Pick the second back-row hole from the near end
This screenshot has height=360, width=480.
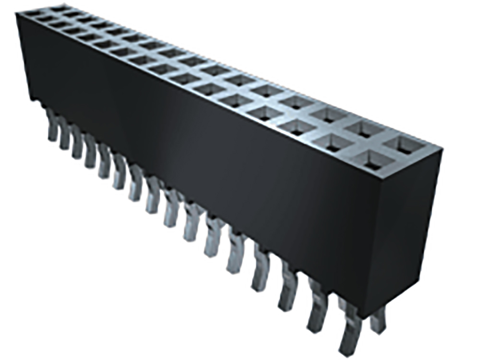(x=365, y=128)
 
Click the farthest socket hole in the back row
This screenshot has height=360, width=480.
(x=60, y=8)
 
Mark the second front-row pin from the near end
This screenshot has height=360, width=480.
(x=318, y=307)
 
